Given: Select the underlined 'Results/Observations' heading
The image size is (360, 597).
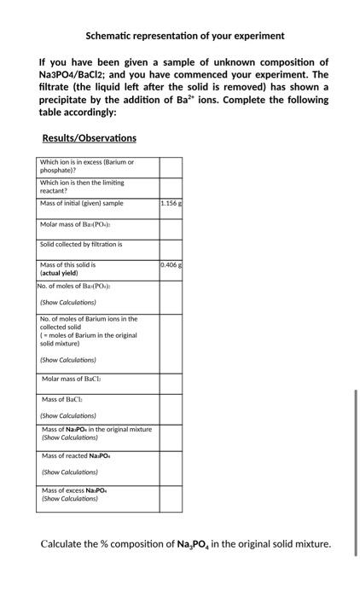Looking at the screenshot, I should (x=89, y=138).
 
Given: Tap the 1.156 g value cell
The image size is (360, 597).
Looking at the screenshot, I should (x=171, y=204).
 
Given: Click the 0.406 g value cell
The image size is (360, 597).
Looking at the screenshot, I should (x=171, y=265).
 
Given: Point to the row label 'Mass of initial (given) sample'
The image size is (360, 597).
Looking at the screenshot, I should (x=82, y=203).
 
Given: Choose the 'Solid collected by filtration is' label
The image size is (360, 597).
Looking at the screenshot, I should (x=81, y=244).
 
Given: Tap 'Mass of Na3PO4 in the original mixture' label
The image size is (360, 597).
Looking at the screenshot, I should (x=96, y=429).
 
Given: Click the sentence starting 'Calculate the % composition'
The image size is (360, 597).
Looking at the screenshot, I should (x=186, y=544).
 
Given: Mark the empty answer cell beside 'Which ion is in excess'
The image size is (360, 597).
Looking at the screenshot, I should (x=171, y=166).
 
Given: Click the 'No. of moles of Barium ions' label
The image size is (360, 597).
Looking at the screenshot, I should (x=89, y=319).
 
